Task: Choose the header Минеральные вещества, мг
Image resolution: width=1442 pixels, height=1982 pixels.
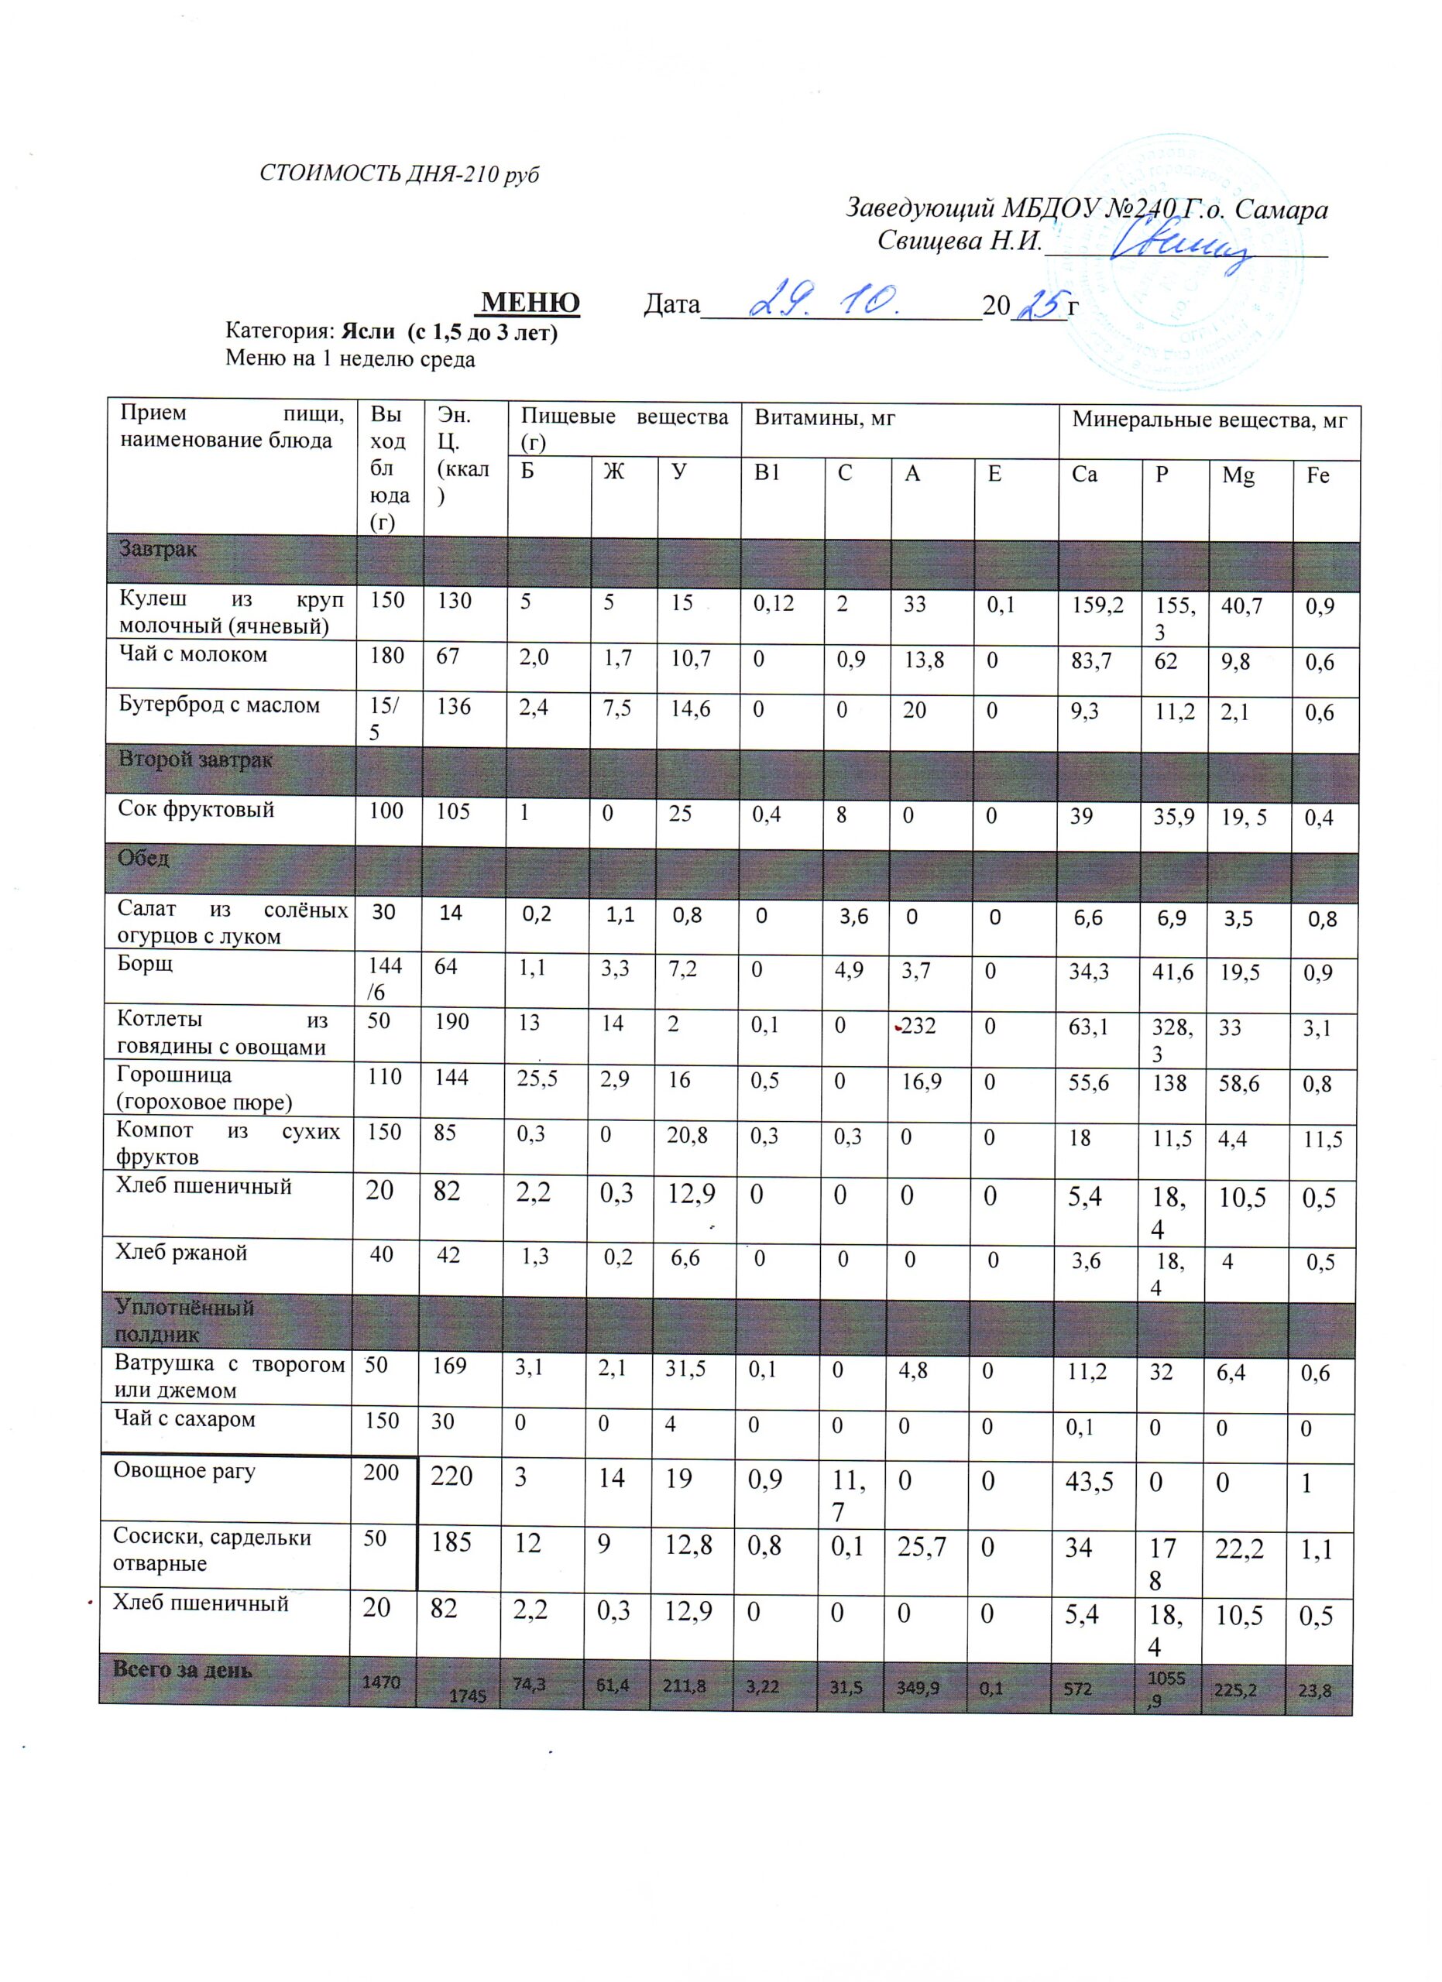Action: click(1210, 420)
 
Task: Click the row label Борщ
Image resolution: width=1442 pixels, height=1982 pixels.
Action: click(146, 964)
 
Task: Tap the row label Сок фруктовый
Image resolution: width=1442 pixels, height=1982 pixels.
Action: click(197, 809)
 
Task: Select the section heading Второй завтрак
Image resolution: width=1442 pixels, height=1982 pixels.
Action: click(196, 760)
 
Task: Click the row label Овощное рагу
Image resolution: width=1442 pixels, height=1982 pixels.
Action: click(184, 1471)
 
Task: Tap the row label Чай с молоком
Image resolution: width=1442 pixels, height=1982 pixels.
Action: click(193, 654)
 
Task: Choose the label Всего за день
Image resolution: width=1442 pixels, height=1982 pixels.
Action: click(182, 1669)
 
